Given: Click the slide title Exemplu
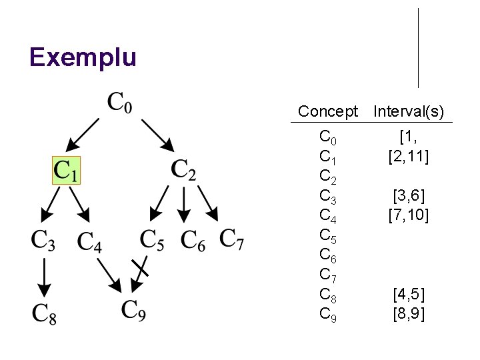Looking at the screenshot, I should pos(83,57).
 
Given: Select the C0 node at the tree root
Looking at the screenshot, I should pos(120,104).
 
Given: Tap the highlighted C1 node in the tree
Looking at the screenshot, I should pos(67,171).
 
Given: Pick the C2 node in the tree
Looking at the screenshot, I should pos(183,170).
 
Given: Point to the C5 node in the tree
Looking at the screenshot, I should pos(152,241).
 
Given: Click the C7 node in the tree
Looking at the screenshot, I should pos(231,239).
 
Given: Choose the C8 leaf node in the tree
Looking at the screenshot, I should pos(43,313).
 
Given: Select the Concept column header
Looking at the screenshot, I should pos(328,111).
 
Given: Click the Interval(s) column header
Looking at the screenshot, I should pos(409,111).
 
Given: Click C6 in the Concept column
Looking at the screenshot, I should pos(328,255).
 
